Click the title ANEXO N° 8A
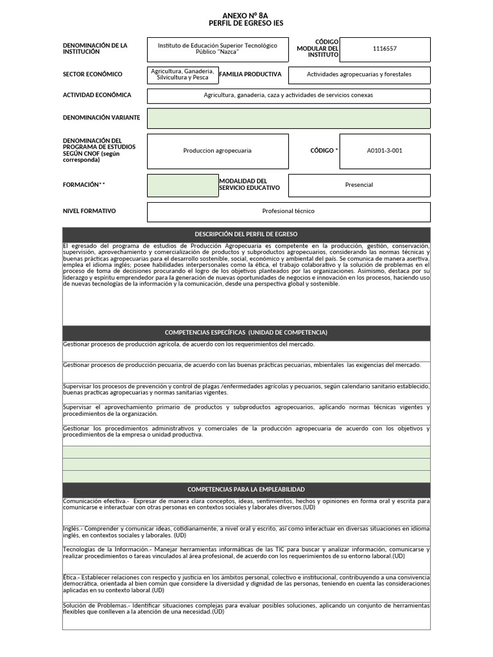pos(246,14)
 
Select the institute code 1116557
pos(385,49)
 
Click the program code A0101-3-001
pos(385,151)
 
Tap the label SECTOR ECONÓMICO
pos(92,74)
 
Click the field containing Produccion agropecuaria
pos(217,151)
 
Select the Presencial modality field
pos(359,185)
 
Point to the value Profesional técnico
pos(288,211)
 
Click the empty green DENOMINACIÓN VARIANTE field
pos(288,119)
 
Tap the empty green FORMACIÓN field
pos(182,185)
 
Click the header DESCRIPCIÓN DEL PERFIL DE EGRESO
pos(246,234)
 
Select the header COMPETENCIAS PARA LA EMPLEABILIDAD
pos(246,490)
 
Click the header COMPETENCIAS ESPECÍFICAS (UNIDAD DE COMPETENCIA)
pos(246,332)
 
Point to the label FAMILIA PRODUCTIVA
pos(250,74)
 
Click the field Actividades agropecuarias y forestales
pos(359,75)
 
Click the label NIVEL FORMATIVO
pos(89,210)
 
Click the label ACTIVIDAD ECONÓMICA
pos(97,95)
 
